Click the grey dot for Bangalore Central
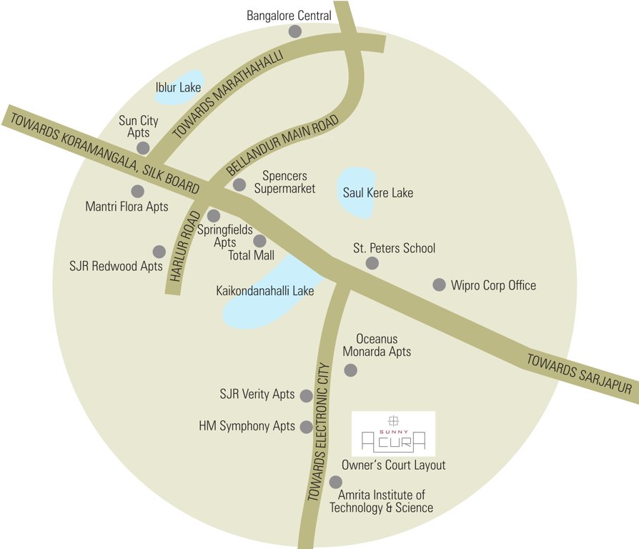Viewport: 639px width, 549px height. [294, 31]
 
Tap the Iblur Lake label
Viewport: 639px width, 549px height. [178, 88]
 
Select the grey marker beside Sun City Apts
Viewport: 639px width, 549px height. [143, 148]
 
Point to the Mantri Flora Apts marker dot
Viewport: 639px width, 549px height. [137, 191]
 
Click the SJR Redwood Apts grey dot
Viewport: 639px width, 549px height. [159, 252]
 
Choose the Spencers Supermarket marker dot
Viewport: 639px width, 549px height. [239, 185]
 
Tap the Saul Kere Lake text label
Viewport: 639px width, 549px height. [378, 192]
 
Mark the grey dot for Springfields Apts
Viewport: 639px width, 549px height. [213, 216]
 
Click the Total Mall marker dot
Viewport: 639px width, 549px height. [259, 242]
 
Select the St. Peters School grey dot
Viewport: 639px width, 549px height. [372, 263]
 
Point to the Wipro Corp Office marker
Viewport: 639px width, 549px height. [440, 285]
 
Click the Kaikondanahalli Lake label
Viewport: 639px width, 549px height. [265, 291]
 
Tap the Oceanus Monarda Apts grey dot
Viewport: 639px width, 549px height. [350, 370]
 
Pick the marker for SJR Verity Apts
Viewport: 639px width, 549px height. [306, 395]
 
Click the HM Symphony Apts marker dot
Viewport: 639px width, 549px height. [307, 427]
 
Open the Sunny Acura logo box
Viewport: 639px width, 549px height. [394, 433]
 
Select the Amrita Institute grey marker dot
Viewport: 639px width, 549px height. [335, 483]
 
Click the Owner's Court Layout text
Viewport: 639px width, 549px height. [393, 465]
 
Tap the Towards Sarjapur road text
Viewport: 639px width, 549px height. [580, 374]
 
